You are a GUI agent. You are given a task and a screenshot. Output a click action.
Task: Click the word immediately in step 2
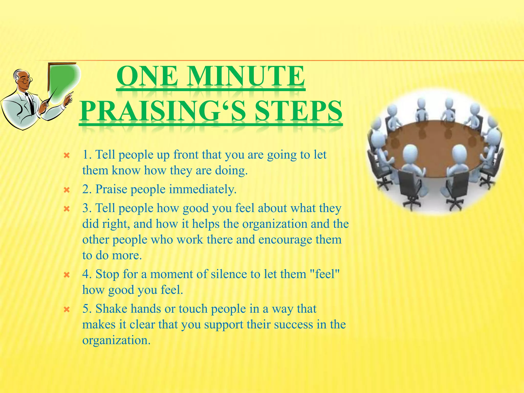203,189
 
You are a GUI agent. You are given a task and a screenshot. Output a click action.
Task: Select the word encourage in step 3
285,240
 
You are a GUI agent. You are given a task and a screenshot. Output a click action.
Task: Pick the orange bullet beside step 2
67,190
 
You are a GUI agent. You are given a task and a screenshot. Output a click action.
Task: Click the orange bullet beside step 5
67,310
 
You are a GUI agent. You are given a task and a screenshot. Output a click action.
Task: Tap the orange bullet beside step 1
67,155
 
